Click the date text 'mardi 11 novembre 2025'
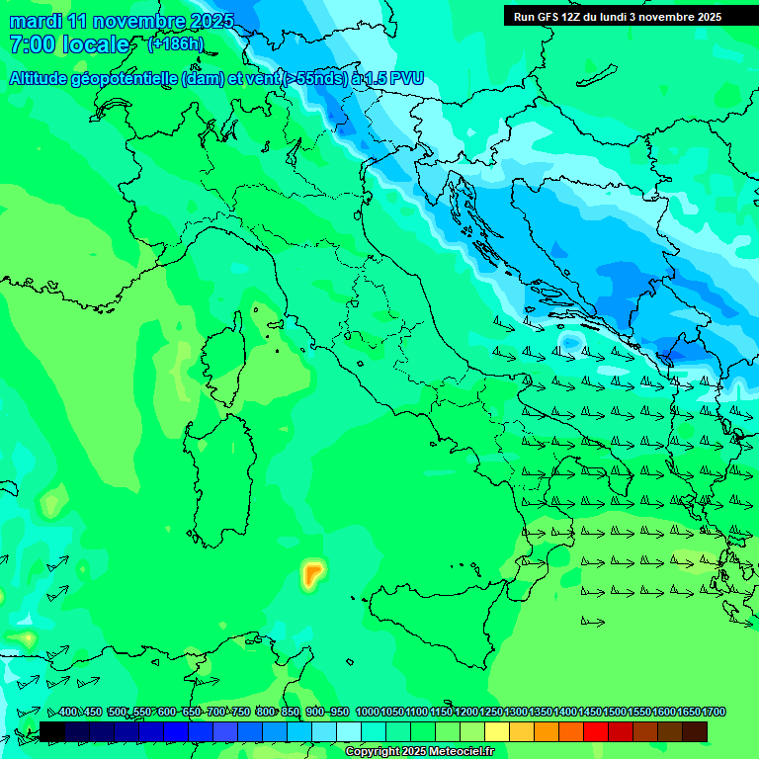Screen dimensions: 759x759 tap(122, 20)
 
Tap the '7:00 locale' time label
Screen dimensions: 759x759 tap(69, 44)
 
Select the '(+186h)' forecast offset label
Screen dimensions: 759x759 tap(176, 44)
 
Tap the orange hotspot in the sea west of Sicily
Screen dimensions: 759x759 tap(313, 572)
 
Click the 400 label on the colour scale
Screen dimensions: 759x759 tap(68, 712)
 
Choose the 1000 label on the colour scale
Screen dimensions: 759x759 tap(368, 712)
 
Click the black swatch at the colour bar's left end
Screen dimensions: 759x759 tap(52, 731)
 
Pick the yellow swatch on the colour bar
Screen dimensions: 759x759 tap(497, 731)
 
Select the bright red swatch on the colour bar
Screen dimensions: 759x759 tap(596, 731)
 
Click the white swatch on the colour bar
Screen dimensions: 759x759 tap(349, 731)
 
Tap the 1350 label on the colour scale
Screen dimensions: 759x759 tap(541, 712)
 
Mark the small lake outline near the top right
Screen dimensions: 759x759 tap(598, 75)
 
